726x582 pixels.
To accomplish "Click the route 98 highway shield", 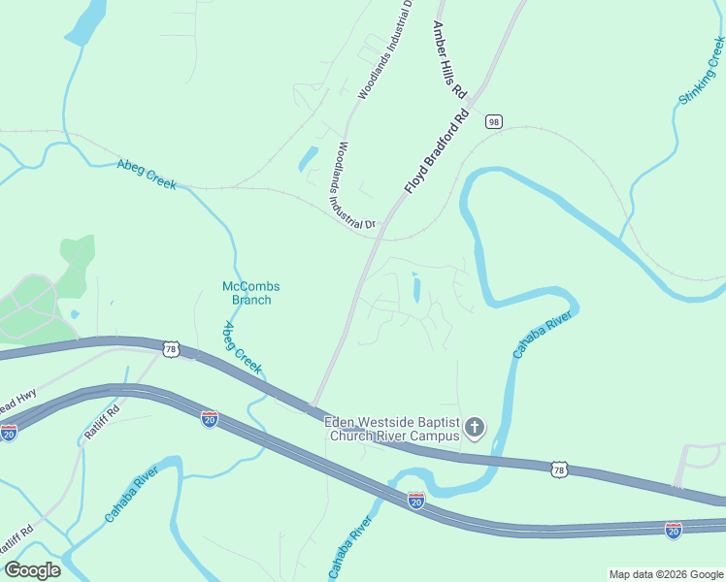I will [x=495, y=121].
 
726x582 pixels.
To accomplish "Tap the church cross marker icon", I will [x=475, y=428].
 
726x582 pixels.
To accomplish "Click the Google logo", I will [x=32, y=570].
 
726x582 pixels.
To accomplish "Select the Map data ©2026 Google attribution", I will [x=665, y=574].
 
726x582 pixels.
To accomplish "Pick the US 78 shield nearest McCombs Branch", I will [x=172, y=349].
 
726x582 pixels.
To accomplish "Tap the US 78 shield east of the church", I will [x=557, y=469].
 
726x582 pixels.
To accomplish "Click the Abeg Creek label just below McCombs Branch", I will [x=243, y=348].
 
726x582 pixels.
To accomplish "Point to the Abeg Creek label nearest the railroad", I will [x=147, y=173].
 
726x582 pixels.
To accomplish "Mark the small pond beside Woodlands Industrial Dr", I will [x=308, y=157].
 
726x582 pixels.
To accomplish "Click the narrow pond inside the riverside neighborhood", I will [x=416, y=288].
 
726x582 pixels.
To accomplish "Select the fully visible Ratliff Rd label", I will [x=101, y=423].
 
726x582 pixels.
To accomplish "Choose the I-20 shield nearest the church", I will [x=415, y=501].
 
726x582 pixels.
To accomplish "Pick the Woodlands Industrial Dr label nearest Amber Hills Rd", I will [x=384, y=50].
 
